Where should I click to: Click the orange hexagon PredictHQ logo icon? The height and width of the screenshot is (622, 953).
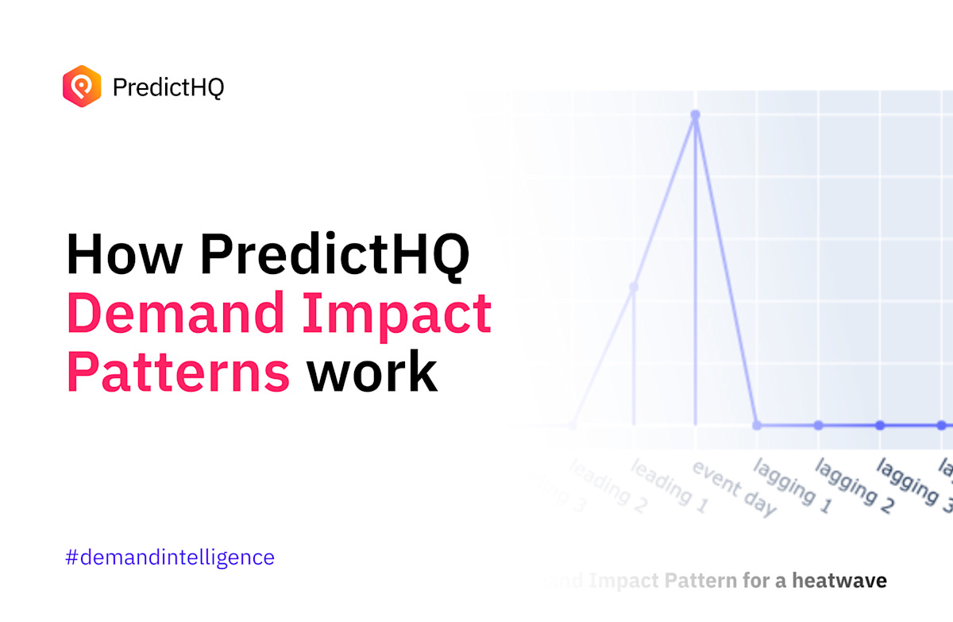[x=82, y=87]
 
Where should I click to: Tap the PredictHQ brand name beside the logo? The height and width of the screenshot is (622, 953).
[x=168, y=87]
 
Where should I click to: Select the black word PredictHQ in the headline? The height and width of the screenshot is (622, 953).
[x=334, y=255]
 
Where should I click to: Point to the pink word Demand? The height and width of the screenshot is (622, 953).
[x=175, y=314]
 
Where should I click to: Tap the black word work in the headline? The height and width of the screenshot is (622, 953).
[x=372, y=372]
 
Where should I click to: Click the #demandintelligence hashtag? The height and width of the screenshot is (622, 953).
[x=170, y=557]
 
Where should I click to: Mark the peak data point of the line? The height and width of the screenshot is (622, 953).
[x=696, y=115]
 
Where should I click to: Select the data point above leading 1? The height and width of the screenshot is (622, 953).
[x=634, y=288]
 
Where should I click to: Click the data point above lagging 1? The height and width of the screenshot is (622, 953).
[x=757, y=425]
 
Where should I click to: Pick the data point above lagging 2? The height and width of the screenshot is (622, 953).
[x=819, y=425]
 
